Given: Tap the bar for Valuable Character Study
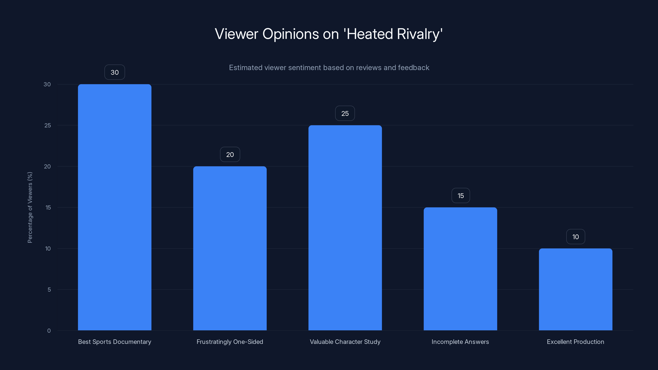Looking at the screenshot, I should click(x=345, y=228).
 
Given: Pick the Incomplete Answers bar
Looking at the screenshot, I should click(x=460, y=269).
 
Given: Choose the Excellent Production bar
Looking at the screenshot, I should click(x=576, y=289).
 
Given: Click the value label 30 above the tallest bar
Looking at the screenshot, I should click(x=115, y=72).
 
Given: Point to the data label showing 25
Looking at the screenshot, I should click(x=345, y=113).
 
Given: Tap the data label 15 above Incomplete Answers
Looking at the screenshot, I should click(x=461, y=196).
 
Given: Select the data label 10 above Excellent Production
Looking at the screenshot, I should click(x=576, y=237).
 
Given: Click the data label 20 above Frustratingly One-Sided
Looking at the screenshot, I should click(x=230, y=155).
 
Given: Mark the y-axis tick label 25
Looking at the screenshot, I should click(x=47, y=125).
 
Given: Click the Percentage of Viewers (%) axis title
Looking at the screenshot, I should click(x=30, y=207).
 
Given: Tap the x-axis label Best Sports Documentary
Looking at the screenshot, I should click(x=115, y=342).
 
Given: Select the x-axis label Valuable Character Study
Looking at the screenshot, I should click(x=345, y=342).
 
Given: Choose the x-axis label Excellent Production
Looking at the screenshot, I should click(x=575, y=342).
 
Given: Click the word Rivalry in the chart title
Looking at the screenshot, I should click(x=420, y=34).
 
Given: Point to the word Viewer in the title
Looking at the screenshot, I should click(x=236, y=34).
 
